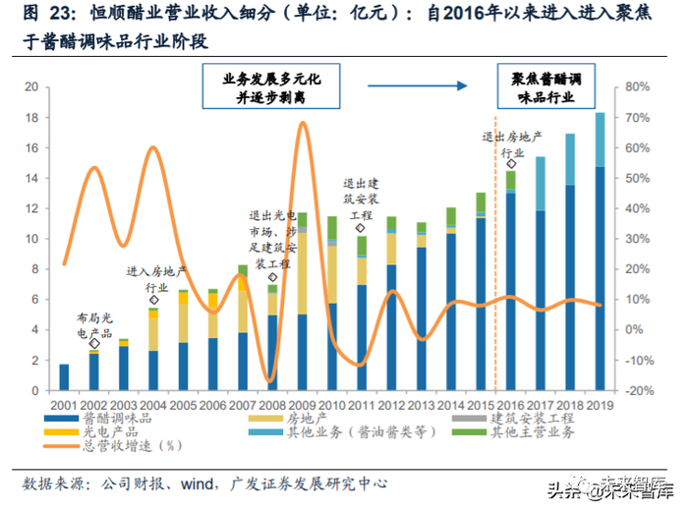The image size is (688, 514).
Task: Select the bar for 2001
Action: point(65,377)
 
